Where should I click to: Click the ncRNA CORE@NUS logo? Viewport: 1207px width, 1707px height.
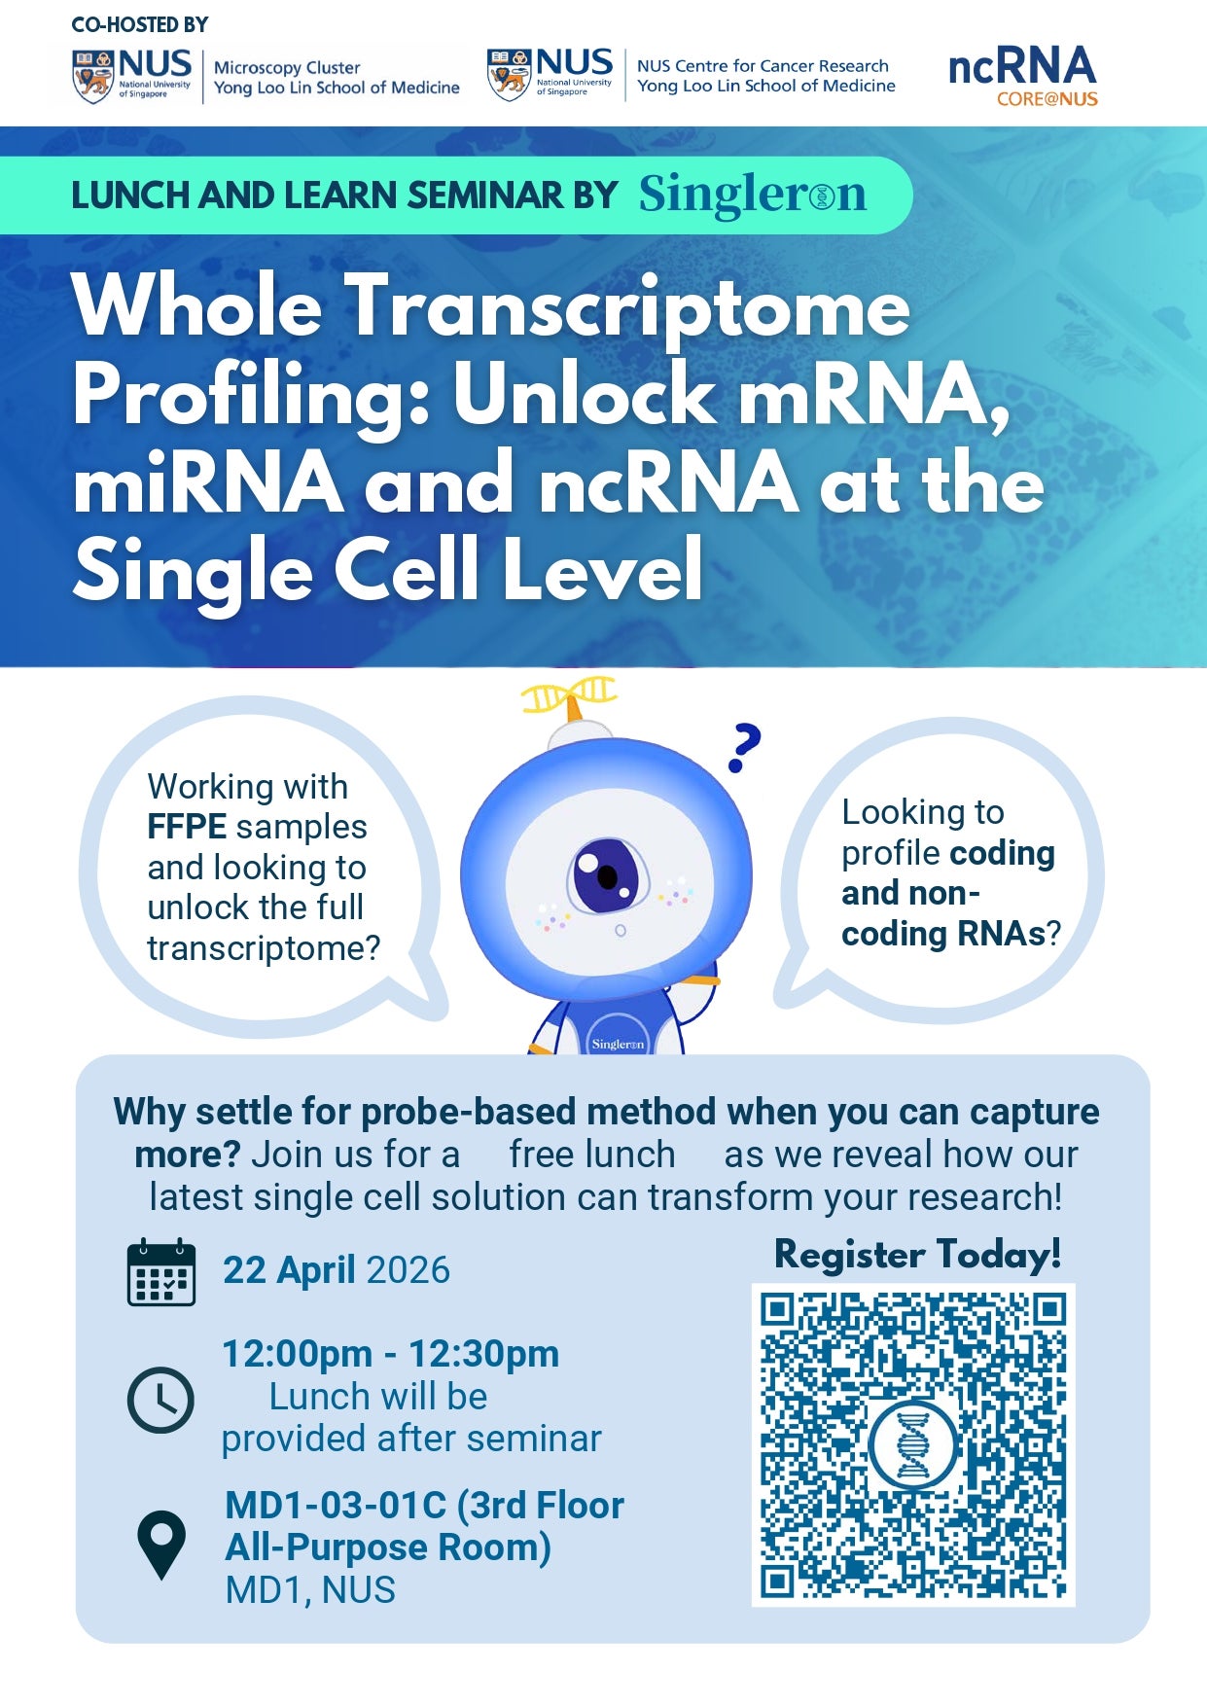[1022, 76]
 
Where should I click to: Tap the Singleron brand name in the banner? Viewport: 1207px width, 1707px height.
[752, 195]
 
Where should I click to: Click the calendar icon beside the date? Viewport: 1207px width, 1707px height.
[161, 1271]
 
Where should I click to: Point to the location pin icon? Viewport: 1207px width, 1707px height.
[161, 1544]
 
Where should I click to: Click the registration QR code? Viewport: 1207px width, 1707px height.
[913, 1444]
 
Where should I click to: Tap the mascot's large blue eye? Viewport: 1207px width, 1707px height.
[605, 874]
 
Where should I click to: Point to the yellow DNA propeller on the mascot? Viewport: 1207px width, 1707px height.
[570, 694]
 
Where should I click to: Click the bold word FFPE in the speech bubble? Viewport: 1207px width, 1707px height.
[187, 827]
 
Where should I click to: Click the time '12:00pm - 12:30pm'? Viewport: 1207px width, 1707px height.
[391, 1353]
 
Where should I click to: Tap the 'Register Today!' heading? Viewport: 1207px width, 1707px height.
[917, 1255]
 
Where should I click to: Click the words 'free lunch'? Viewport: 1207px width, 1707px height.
[592, 1154]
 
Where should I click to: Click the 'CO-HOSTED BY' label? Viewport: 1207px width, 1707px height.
[140, 24]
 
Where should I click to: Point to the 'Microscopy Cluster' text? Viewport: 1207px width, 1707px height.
[287, 67]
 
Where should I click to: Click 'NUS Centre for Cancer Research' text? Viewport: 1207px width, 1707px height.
[763, 65]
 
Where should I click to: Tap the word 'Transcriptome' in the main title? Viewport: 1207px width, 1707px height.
[629, 307]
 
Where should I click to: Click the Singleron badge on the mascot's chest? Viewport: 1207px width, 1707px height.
[618, 1037]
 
